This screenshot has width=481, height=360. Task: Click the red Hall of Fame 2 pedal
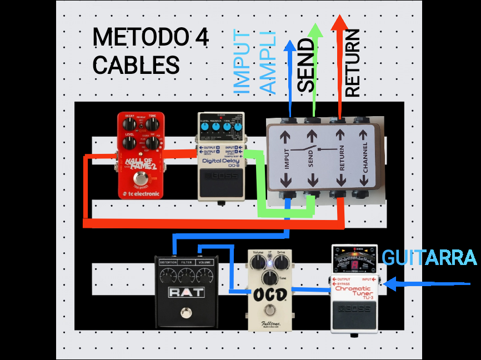140,155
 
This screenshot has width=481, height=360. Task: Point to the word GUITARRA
429,258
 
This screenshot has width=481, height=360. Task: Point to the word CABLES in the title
136,65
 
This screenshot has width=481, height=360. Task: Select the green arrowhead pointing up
315,31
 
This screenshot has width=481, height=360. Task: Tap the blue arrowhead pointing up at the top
289,46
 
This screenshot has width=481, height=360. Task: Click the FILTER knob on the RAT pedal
184,274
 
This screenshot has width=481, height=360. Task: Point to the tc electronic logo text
140,194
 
